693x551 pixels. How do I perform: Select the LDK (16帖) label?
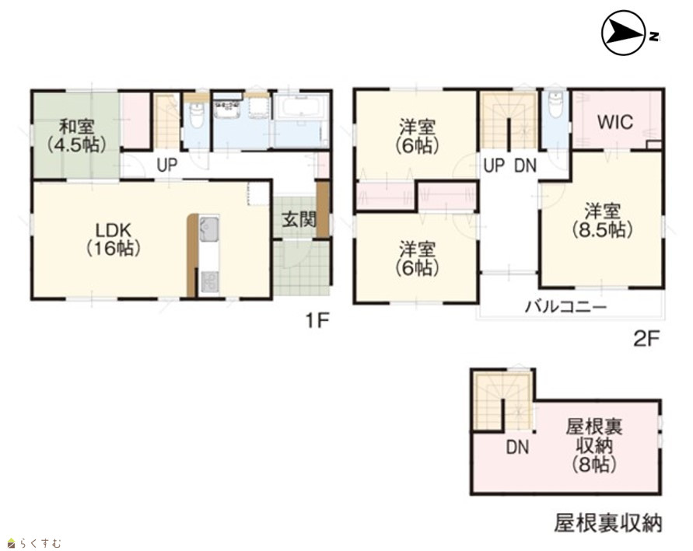tap(114, 239)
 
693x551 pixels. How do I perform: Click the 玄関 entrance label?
tap(299, 219)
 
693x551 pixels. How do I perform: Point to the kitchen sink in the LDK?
tap(209, 228)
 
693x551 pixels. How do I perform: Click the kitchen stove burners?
tap(209, 283)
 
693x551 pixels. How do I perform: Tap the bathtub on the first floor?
tap(301, 108)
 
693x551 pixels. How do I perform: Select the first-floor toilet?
tap(197, 114)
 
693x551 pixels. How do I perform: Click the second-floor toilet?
tap(555, 104)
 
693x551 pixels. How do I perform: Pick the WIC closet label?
tap(614, 122)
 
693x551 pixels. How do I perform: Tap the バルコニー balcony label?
tap(565, 306)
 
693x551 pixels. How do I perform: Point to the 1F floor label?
tap(317, 321)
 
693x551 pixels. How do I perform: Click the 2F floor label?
tap(646, 339)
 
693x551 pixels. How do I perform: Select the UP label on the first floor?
tap(167, 165)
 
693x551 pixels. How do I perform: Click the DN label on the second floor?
tap(526, 166)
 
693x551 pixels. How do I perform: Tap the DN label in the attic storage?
tap(517, 448)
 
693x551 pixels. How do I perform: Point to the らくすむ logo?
tap(34, 542)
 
